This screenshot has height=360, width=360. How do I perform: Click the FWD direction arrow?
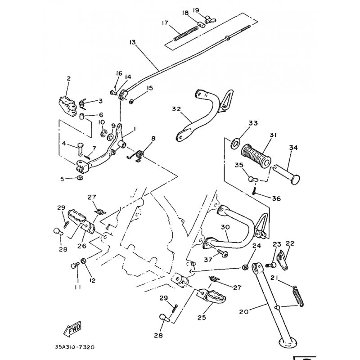[72, 329]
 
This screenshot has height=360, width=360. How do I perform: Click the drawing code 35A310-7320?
[75, 346]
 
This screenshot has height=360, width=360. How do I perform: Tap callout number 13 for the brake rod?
[132, 42]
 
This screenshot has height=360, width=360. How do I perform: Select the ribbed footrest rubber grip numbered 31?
[256, 155]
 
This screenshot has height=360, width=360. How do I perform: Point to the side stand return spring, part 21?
[298, 296]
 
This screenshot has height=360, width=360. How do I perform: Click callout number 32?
[176, 109]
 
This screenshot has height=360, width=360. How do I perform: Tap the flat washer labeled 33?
[235, 144]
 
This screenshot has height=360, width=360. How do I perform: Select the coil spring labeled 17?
[186, 33]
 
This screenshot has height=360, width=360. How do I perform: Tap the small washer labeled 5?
[80, 178]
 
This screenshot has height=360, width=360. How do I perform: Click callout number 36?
[276, 198]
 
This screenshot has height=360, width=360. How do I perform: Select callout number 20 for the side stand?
[244, 312]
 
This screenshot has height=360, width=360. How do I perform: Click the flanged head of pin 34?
[295, 179]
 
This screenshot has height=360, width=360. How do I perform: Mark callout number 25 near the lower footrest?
[202, 318]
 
